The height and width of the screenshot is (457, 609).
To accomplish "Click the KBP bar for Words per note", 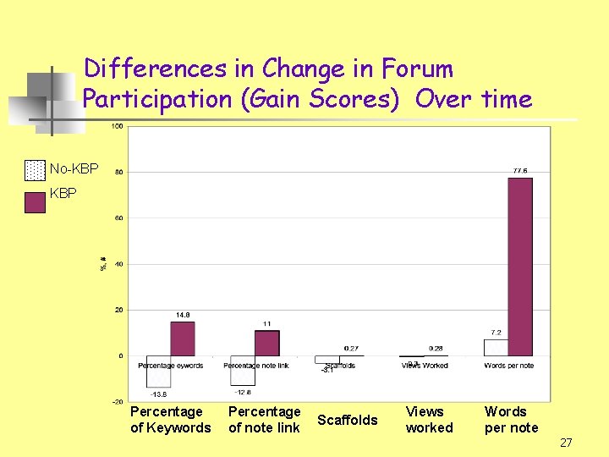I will pos(519,267).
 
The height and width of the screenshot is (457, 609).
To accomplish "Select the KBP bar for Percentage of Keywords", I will pos(182,339).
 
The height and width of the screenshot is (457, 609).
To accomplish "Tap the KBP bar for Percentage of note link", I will pos(266,343).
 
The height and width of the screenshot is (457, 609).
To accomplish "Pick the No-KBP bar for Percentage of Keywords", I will pos(158,372).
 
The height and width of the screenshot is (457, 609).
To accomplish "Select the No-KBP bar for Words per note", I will pos(496,348).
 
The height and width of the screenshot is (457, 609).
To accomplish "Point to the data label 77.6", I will pos(519,171).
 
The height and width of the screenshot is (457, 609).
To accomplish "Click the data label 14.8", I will pos(182,315).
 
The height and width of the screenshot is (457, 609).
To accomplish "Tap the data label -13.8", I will pos(158,394).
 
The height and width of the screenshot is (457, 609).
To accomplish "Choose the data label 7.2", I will pos(497,333).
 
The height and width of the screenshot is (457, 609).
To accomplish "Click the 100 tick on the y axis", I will pos(118,126).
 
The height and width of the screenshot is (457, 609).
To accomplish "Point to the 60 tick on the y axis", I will pos(119,217).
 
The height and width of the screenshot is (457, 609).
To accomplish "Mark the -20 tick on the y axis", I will pos(118,401).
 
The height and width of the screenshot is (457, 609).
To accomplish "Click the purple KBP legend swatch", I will pos(35,203).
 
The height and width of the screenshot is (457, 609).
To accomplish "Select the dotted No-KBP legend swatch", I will pos(35,170).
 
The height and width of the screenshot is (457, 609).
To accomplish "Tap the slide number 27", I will pos(566,442).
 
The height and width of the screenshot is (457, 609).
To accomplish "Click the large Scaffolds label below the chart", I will pos(348,420).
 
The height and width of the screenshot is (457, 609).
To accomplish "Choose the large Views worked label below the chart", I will pos(429,420).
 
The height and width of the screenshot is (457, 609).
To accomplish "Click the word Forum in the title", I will pos(417,69).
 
